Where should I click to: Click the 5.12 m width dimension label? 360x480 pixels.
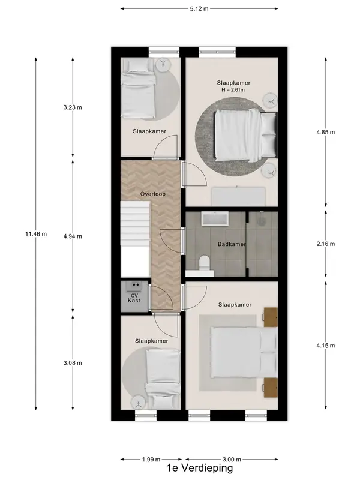pos(199,8)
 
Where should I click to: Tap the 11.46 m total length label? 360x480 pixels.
pos(36,234)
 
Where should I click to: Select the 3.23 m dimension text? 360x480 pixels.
pos(73,107)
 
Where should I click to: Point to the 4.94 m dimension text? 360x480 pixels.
pos(73,236)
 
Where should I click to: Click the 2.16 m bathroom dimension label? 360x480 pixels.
pos(326,244)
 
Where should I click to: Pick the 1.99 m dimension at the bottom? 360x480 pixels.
pos(151,459)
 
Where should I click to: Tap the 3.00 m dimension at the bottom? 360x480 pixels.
pos(232,459)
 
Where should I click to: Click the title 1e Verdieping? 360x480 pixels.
pos(200,468)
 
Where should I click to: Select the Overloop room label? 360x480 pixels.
pos(153,194)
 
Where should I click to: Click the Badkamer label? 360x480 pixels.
pos(232,244)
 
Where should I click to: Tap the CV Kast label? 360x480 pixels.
pos(134,298)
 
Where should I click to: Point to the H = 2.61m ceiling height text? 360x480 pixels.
pos(233,89)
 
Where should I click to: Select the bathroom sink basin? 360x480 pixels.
pos(214,219)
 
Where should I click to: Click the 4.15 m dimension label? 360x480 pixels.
pos(326,346)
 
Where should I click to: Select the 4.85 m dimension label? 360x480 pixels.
pos(326,132)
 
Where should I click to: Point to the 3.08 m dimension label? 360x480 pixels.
pos(73,363)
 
